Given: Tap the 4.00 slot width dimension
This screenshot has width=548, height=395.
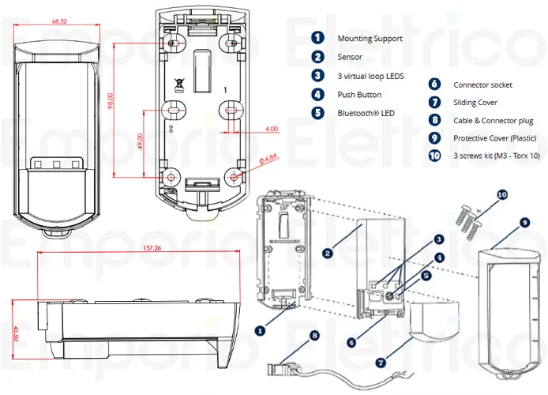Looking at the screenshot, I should [x=271, y=128].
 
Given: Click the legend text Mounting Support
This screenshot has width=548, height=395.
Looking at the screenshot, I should [x=370, y=38].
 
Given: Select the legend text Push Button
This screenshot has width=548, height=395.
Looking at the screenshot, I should [x=359, y=95].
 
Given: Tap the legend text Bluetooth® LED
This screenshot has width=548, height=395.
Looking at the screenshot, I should [x=365, y=113].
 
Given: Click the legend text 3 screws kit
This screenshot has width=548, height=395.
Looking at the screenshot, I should [x=496, y=156].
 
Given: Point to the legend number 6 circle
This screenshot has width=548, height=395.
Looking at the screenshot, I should [x=434, y=84].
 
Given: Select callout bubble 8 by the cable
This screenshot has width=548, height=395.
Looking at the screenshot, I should [x=316, y=335].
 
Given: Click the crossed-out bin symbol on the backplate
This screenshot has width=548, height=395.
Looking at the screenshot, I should [x=179, y=81].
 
